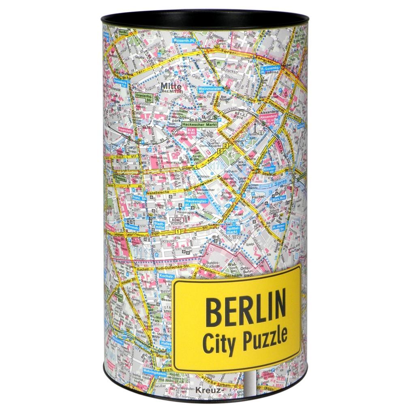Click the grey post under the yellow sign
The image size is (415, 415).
click(x=250, y=383)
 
